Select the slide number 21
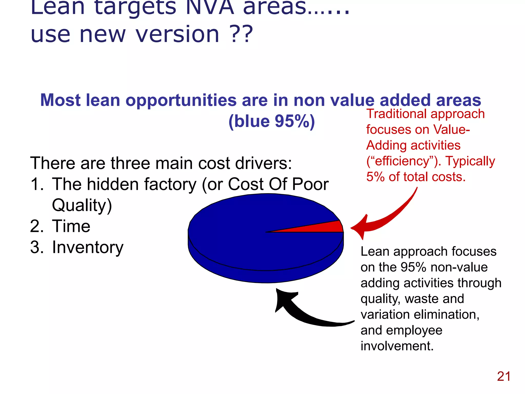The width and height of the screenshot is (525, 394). coord(504,377)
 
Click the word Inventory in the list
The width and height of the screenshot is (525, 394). coord(88,247)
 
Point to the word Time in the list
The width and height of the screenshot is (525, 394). coord(71,226)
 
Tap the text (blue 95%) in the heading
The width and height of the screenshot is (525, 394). coord(271,121)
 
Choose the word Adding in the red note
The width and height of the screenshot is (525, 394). coord(383,145)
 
